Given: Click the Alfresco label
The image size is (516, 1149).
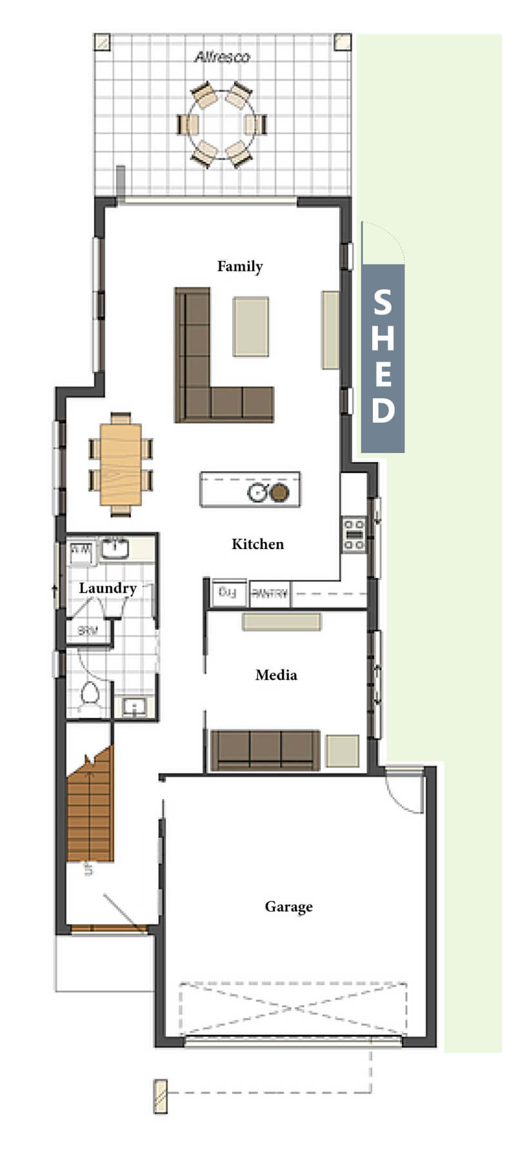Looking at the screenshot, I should point(222,57).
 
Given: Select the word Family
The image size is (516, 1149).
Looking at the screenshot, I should point(240,266).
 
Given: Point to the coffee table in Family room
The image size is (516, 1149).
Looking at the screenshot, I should point(251,326).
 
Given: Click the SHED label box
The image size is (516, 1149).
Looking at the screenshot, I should point(382,358).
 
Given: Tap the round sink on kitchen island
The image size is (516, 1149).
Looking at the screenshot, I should point(257,493).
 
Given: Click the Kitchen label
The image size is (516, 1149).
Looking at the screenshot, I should point(257,544).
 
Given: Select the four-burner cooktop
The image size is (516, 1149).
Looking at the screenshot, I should point(353,535).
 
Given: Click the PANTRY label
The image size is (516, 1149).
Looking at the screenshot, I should point(270,594).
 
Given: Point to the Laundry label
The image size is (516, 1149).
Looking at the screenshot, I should point(107,588).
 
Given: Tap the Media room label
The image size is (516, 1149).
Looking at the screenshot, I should point(276,675).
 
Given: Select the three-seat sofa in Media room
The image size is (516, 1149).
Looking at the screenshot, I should point(265,749).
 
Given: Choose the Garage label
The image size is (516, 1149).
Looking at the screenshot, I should point(288,907).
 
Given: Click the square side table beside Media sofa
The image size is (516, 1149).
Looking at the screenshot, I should point(342,751).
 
